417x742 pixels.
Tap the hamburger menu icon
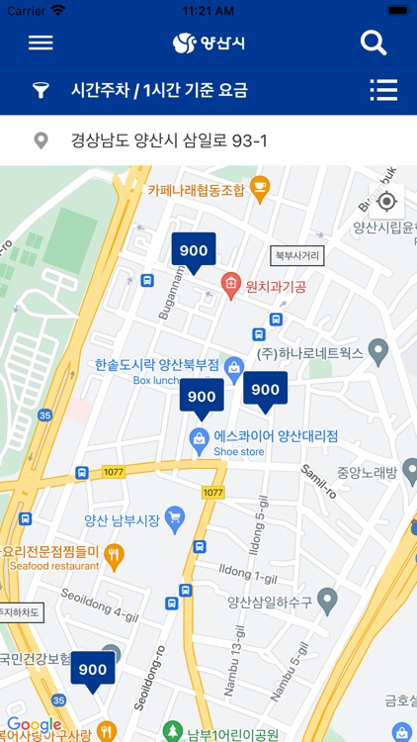coord(41,43)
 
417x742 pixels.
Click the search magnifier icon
coord(374,43)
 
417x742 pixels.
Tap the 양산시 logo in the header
coord(208,43)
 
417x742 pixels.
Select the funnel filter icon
coord(41,91)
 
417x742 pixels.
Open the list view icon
coord(383,90)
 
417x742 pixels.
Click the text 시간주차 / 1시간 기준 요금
coord(159,91)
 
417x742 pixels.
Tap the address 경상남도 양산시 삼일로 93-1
coord(169,140)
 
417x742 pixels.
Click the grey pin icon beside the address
coord(41,140)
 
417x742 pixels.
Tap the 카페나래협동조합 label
coord(196,190)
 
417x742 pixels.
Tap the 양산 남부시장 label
coord(124,517)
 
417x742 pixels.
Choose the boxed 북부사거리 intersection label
coord(298,255)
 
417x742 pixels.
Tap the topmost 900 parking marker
coord(194,250)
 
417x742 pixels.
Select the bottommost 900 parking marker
coord(93,669)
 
